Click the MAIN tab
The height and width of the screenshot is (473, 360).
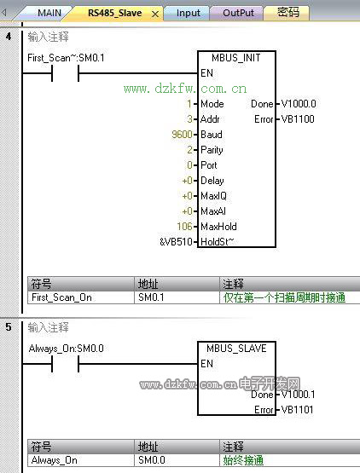click(x=49, y=13)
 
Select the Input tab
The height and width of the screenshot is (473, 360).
click(x=189, y=13)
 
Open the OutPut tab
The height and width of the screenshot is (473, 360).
click(x=238, y=13)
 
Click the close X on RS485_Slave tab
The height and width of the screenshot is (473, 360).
click(x=155, y=14)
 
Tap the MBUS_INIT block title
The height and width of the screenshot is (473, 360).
click(x=235, y=58)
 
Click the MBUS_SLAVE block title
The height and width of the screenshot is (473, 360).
click(x=236, y=349)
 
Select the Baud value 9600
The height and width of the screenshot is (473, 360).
click(x=182, y=135)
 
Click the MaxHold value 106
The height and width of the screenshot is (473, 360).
click(x=184, y=226)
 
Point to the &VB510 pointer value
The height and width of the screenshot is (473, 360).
click(x=176, y=242)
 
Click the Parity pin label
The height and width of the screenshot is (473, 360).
click(x=212, y=150)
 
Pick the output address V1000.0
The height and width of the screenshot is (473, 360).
click(x=299, y=104)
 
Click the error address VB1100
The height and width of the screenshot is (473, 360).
click(x=298, y=119)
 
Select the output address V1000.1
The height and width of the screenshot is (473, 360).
click(x=298, y=395)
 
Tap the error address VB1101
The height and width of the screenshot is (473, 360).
click(x=297, y=410)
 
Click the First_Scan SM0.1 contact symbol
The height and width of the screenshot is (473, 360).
click(x=65, y=73)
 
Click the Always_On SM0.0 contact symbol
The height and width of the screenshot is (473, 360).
click(x=65, y=364)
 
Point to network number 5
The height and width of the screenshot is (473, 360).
click(x=9, y=327)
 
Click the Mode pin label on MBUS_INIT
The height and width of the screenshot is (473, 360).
click(x=212, y=104)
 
